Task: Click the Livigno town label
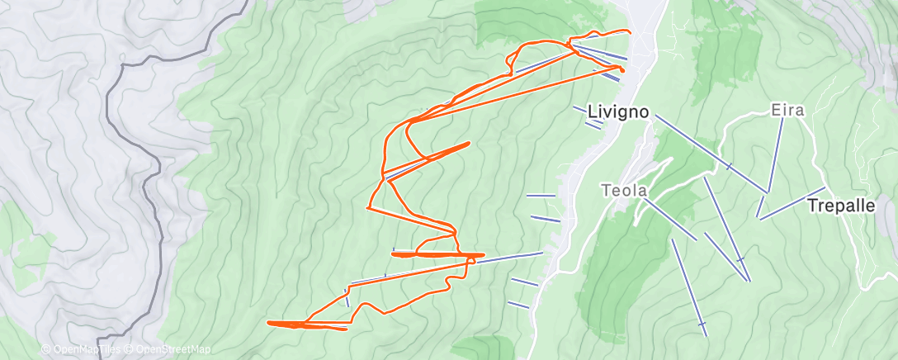pos(620,111)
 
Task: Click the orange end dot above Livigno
pos(622,71)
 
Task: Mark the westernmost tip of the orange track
pos(270,322)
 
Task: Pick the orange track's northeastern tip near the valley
pos(630,32)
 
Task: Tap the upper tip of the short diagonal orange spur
pos(468,144)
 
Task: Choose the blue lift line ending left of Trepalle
pos(792,205)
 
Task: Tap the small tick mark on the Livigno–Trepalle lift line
pos(728,167)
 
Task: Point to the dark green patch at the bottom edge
pos(483,348)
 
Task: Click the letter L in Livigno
pos(592,111)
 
